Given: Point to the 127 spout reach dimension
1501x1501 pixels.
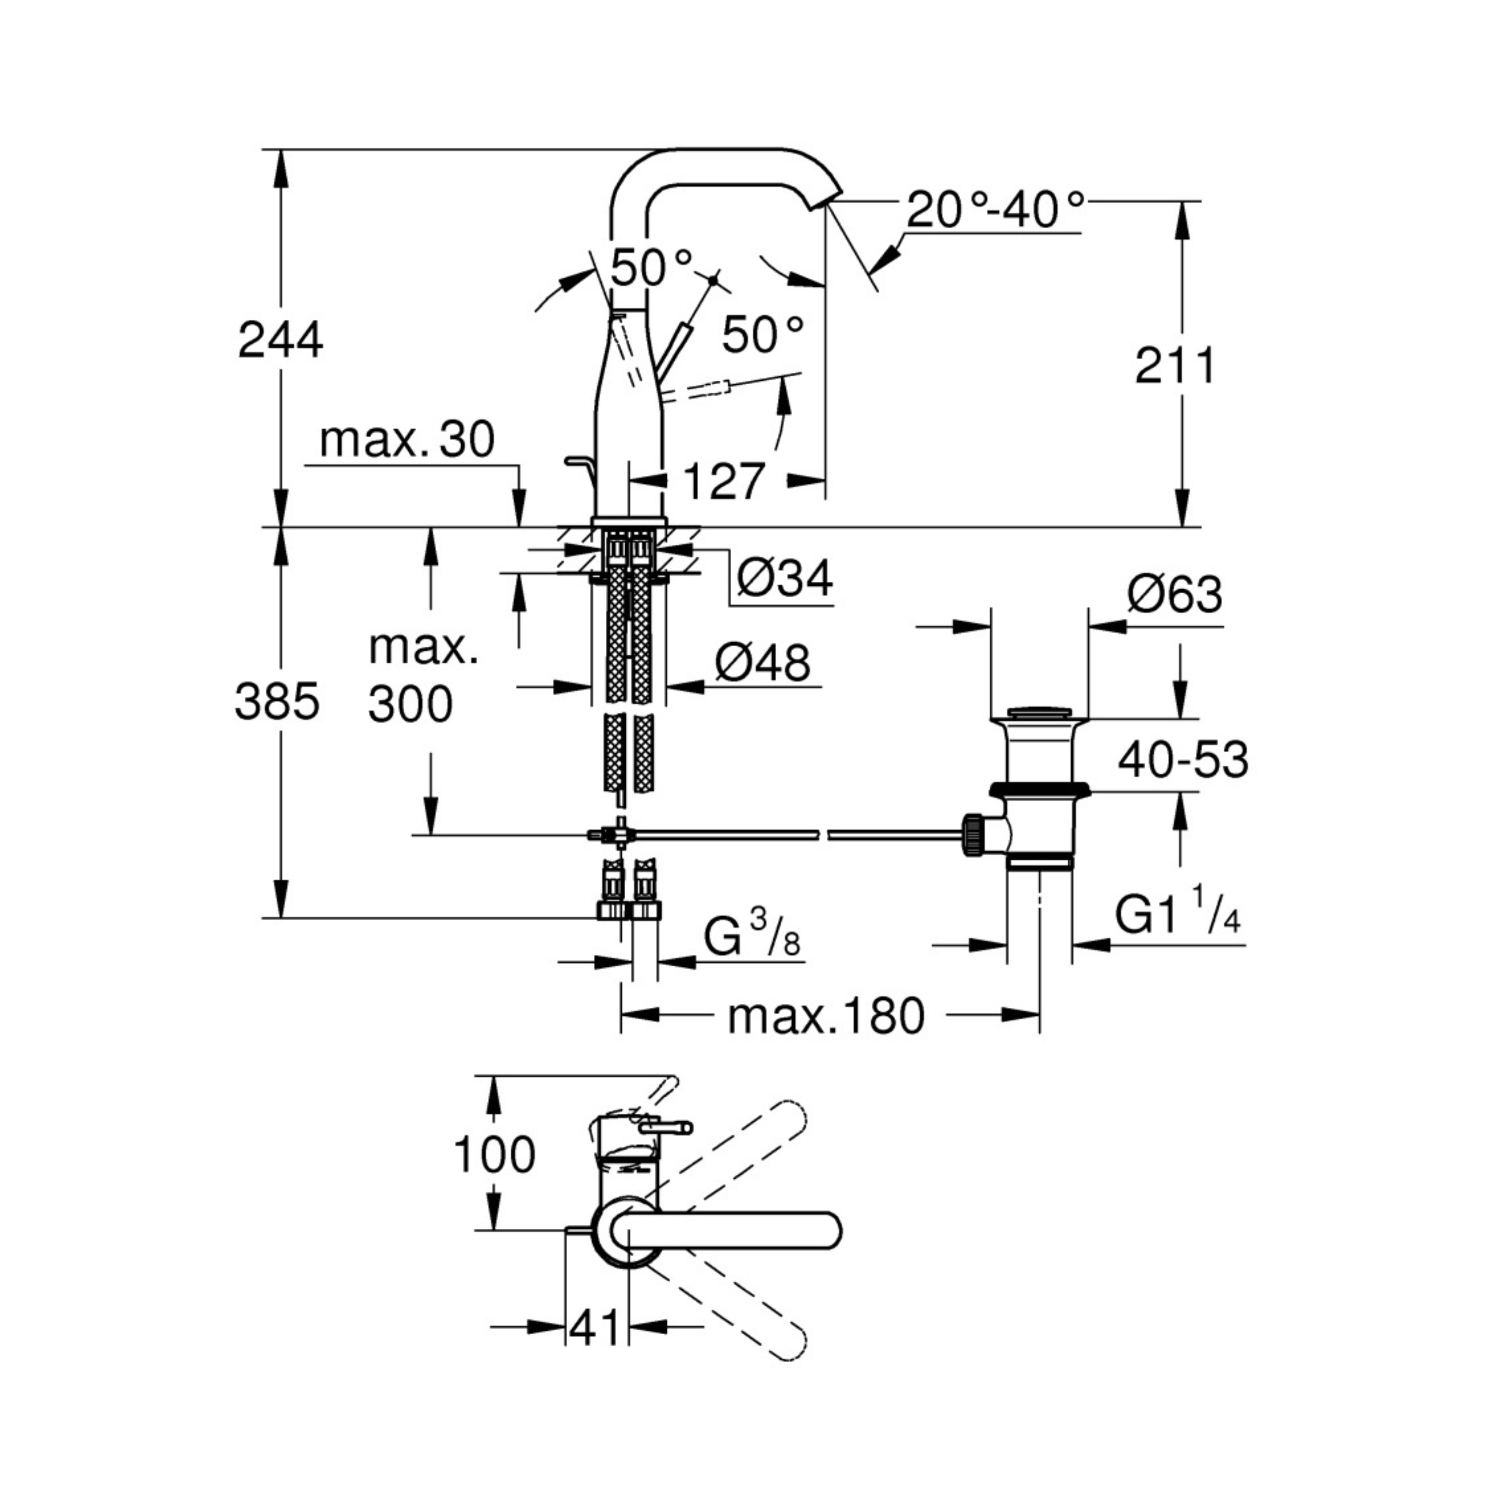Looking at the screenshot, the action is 724,482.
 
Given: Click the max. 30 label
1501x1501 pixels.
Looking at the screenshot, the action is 407,440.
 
